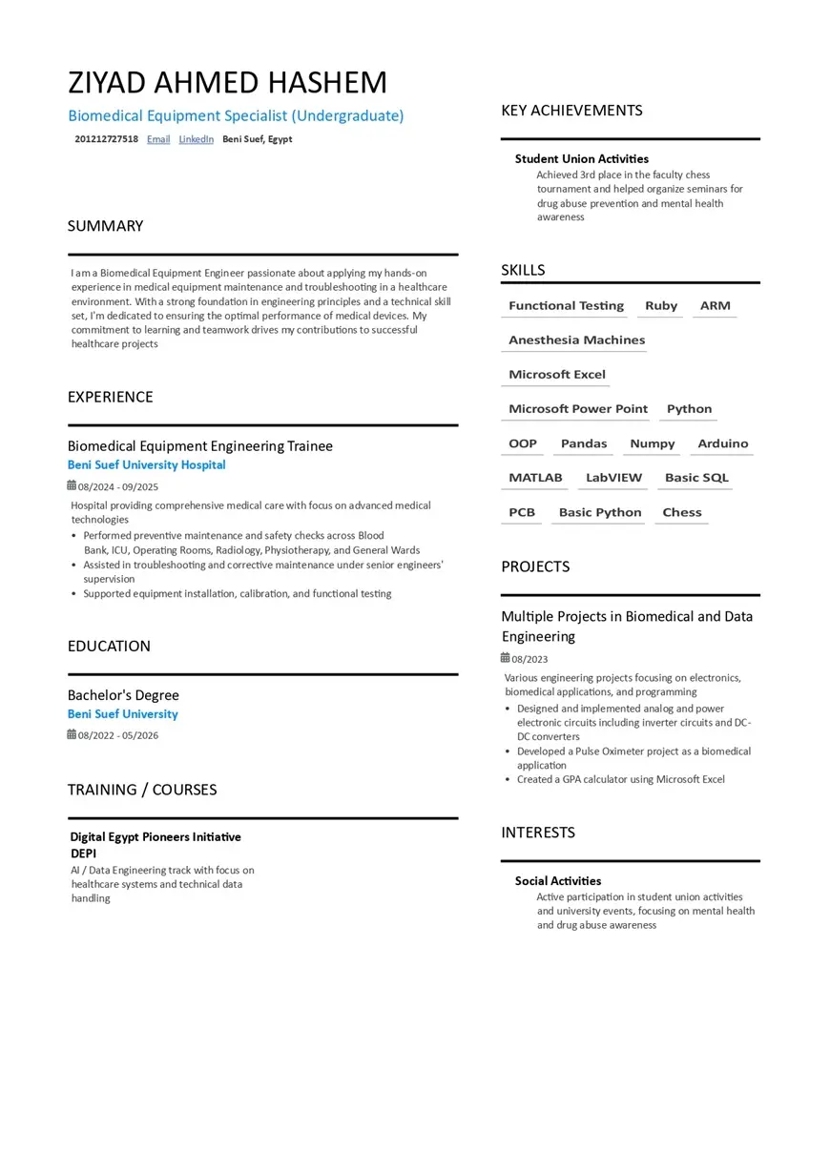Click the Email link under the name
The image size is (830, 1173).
pos(158,139)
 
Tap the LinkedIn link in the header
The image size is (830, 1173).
pos(196,139)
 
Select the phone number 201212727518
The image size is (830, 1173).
pos(106,139)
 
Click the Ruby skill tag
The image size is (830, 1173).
pos(660,306)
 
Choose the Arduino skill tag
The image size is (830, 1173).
pos(722,443)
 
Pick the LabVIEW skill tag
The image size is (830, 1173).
pos(613,478)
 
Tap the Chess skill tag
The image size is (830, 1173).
pos(681,512)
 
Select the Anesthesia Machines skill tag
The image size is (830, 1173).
pos(576,340)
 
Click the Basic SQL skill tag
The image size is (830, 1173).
pos(695,478)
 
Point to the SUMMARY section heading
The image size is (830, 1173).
pos(105,226)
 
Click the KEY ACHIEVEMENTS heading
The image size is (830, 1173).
pos(571,111)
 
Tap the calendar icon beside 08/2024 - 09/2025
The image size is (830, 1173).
pos(72,486)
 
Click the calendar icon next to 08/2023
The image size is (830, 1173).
pos(506,658)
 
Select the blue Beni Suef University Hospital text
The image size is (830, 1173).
pos(146,465)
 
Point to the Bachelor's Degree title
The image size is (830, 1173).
pos(123,695)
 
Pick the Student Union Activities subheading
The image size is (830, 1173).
pos(581,159)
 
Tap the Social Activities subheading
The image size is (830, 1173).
pos(557,881)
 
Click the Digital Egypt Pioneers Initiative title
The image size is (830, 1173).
pos(155,837)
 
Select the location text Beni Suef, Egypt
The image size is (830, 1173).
pos(257,139)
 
